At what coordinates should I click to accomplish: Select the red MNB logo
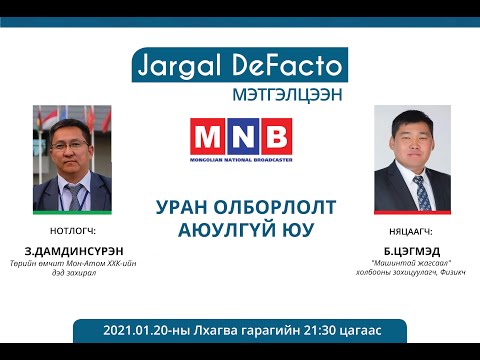tap(240, 137)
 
